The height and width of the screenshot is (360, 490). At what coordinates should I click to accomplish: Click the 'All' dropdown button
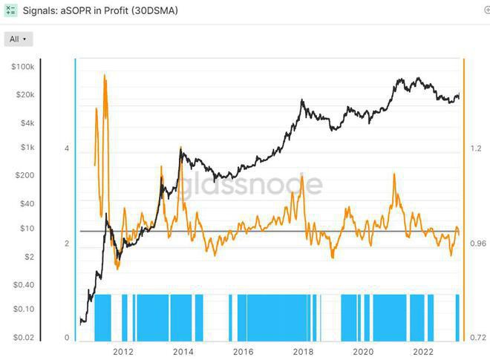coord(19,39)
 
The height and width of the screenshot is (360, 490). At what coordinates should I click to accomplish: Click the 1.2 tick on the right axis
coord(476,148)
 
